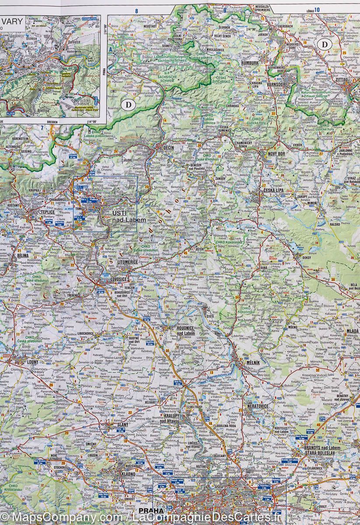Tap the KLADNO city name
point(125,473)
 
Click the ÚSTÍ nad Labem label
point(123,216)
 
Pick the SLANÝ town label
point(122,424)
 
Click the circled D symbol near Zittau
point(324,44)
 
